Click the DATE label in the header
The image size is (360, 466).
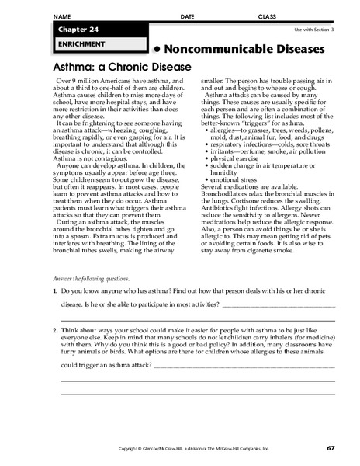tap(188, 16)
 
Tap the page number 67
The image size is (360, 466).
tap(330, 448)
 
